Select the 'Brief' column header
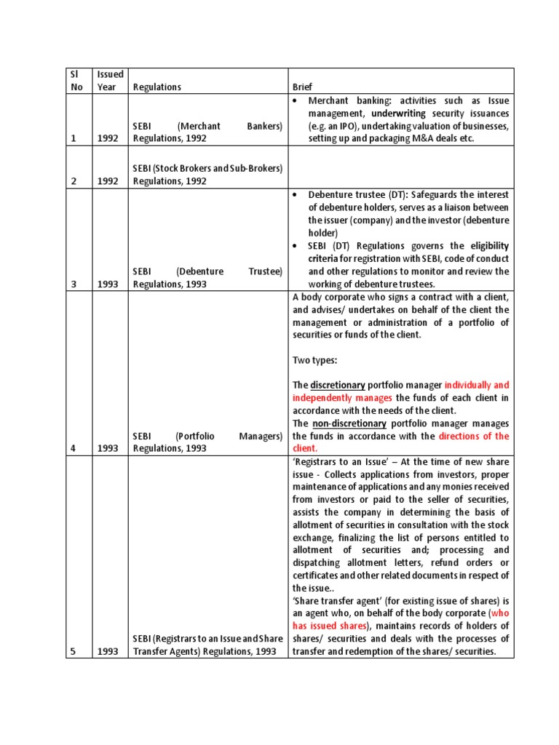tap(304, 87)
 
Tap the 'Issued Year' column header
tap(110, 81)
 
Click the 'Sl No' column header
tap(74, 81)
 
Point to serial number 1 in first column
tap(71, 138)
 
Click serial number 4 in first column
tap(71, 449)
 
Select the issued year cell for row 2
tap(107, 182)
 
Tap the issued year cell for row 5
tap(107, 652)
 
